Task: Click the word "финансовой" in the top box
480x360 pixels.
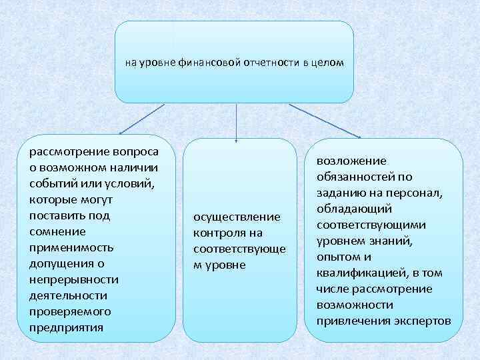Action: pyautogui.click(x=203, y=63)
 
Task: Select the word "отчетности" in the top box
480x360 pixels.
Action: pyautogui.click(x=263, y=63)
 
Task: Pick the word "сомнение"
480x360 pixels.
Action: pyautogui.click(x=57, y=231)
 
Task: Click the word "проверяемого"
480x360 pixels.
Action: pyautogui.click(x=70, y=311)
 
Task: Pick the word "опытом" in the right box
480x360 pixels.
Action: pyautogui.click(x=339, y=257)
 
